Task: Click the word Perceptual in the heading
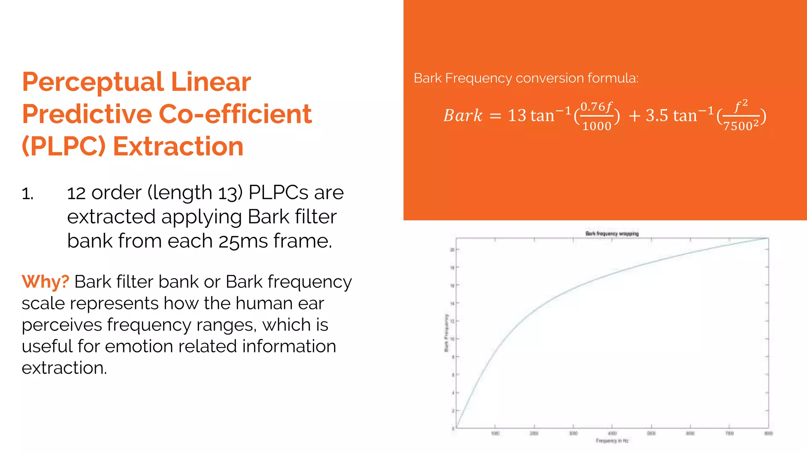[93, 82]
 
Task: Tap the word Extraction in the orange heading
[178, 147]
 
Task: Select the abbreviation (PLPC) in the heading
[64, 147]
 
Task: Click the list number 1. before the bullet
[28, 194]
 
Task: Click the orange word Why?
[45, 282]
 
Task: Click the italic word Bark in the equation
[463, 116]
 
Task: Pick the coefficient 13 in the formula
[517, 116]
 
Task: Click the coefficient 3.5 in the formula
[657, 116]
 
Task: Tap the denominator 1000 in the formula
[597, 126]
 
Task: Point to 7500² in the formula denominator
[741, 126]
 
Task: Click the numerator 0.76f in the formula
[596, 107]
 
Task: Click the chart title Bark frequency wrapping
[612, 234]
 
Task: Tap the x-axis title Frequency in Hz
[612, 441]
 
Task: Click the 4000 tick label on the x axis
[612, 434]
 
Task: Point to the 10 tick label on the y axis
[452, 339]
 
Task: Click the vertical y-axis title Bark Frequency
[446, 333]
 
